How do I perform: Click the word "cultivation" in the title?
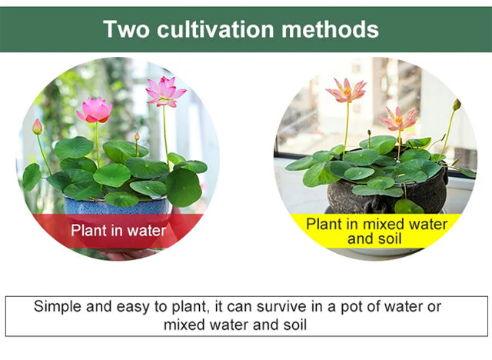[215, 29]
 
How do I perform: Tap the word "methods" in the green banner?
[330, 29]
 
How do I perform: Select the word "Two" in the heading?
[126, 29]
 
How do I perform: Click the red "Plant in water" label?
[118, 231]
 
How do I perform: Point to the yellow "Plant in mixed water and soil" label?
[376, 231]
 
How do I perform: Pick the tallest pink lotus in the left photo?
[166, 92]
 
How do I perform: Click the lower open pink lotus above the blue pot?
[95, 110]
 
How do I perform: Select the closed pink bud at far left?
[38, 127]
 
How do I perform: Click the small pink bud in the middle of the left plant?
[137, 136]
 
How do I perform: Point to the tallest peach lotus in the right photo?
[347, 91]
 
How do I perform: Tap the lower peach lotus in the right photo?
[398, 119]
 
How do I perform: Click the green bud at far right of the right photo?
[457, 105]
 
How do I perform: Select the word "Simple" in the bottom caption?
[58, 307]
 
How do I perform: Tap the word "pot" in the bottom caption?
[352, 307]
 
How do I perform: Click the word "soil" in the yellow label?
[390, 239]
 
